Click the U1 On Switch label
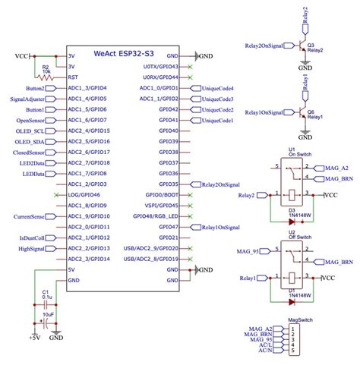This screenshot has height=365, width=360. tap(291, 153)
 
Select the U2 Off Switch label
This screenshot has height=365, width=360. tap(291, 231)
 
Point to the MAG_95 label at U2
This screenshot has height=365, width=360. tap(248, 251)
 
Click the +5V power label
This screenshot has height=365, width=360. tap(34, 337)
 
